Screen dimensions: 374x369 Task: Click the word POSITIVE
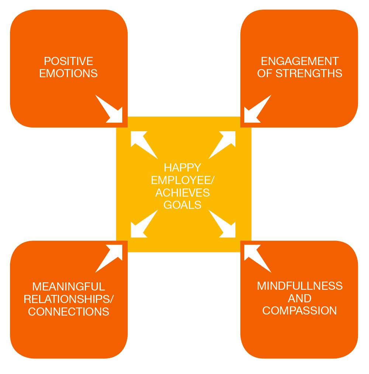click(68, 61)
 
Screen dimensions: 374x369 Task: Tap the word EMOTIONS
click(68, 73)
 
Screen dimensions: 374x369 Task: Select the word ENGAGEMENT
click(299, 61)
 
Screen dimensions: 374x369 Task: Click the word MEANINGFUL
click(68, 286)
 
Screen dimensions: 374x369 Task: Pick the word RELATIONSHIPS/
click(69, 299)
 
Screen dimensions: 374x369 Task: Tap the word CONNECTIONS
click(68, 312)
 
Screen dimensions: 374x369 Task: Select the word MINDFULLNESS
click(300, 286)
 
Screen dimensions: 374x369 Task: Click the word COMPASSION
click(299, 310)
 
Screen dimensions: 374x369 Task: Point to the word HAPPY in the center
click(182, 167)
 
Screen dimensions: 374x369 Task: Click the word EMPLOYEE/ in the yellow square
click(182, 180)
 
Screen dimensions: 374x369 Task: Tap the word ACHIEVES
click(182, 193)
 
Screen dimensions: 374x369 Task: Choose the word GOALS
click(182, 205)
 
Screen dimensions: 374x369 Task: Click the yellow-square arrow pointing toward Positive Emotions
click(142, 143)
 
